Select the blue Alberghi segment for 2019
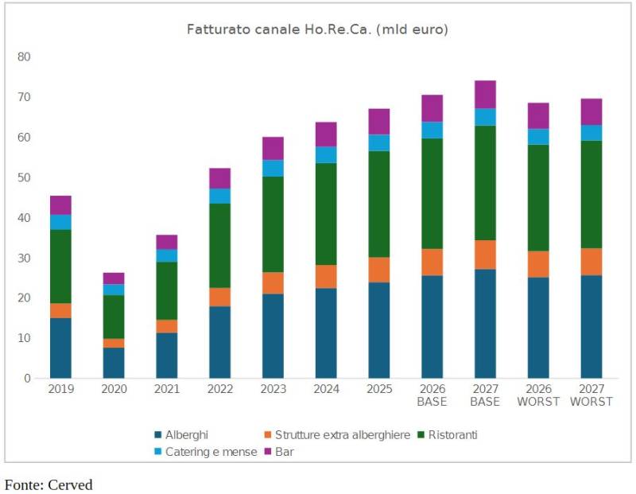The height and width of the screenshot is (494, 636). coord(60,348)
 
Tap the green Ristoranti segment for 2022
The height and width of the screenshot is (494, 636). coord(219,246)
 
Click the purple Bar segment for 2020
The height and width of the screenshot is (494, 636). coord(114,278)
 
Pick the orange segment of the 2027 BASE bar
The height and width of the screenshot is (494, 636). coord(485,255)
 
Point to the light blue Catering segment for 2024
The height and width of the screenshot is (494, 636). coord(326,154)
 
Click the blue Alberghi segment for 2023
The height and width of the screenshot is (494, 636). coord(273,336)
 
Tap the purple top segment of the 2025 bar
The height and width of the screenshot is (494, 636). coord(379,121)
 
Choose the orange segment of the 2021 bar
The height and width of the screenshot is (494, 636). coord(166,326)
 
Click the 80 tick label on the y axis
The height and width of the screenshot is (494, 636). coord(24,57)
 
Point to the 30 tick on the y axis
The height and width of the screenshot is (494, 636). coord(24,258)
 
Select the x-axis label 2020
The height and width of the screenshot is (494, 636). coord(114,390)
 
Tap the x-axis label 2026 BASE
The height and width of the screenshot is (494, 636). coord(432,395)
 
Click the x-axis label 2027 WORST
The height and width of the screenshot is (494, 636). coord(591,395)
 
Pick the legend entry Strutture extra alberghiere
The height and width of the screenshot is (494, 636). coord(342,435)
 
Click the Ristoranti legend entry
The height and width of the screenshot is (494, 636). coord(452,435)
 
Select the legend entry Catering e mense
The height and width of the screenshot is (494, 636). coord(211,452)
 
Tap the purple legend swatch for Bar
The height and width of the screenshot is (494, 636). coord(269,452)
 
